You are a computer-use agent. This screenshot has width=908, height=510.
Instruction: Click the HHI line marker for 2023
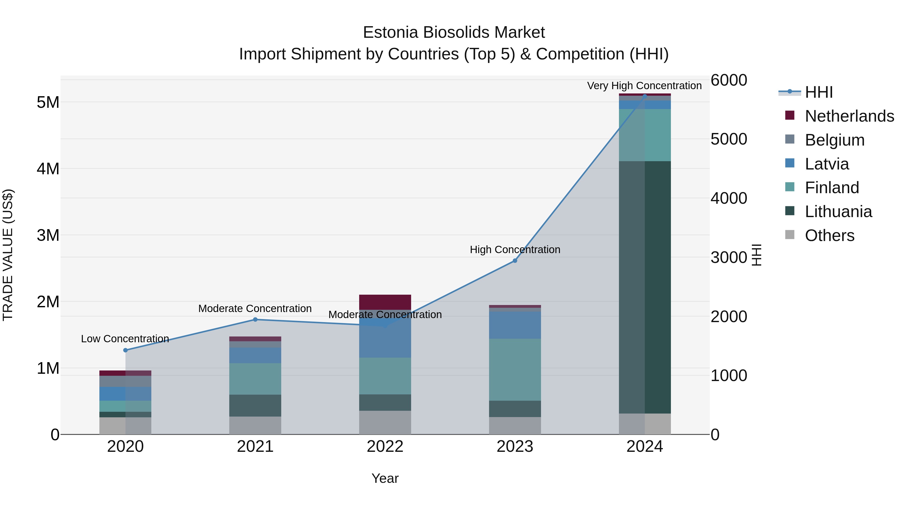[x=515, y=260]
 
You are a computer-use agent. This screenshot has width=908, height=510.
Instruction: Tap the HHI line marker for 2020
[x=126, y=350]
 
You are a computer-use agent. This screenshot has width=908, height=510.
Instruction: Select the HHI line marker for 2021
[x=255, y=320]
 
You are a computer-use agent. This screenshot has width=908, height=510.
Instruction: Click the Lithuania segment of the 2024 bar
[x=645, y=287]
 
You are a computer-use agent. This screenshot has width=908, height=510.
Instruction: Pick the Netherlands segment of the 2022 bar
[x=385, y=302]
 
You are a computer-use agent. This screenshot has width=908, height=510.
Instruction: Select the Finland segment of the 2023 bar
[x=515, y=369]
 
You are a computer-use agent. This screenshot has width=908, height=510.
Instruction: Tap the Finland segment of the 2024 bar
[x=645, y=135]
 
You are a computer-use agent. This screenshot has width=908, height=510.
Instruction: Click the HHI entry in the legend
[x=818, y=92]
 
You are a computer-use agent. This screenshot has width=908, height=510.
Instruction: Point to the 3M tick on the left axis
[x=48, y=235]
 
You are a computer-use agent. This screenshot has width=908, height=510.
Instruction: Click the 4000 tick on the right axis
[x=728, y=198]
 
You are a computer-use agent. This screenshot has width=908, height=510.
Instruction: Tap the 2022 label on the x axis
[x=385, y=447]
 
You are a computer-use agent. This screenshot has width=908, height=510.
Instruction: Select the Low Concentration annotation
[x=125, y=338]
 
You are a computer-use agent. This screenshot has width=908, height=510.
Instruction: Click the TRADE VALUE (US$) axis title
[x=8, y=255]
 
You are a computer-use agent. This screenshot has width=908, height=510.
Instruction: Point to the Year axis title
[x=385, y=478]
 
